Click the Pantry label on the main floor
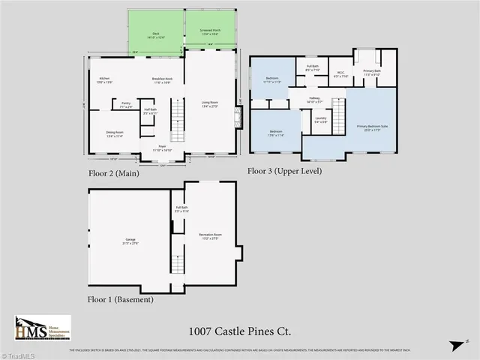pyautogui.click(x=126, y=106)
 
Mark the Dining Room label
pyautogui.click(x=115, y=133)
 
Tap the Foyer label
pyautogui.click(x=162, y=148)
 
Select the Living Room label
pyautogui.click(x=209, y=105)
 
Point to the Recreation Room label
pyautogui.click(x=209, y=237)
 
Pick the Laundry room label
pyautogui.click(x=320, y=120)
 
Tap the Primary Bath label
pyautogui.click(x=372, y=73)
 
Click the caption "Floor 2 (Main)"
pyautogui.click(x=119, y=172)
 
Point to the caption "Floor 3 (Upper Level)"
pyautogui.click(x=284, y=171)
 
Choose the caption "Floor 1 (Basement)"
pyautogui.click(x=121, y=299)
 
